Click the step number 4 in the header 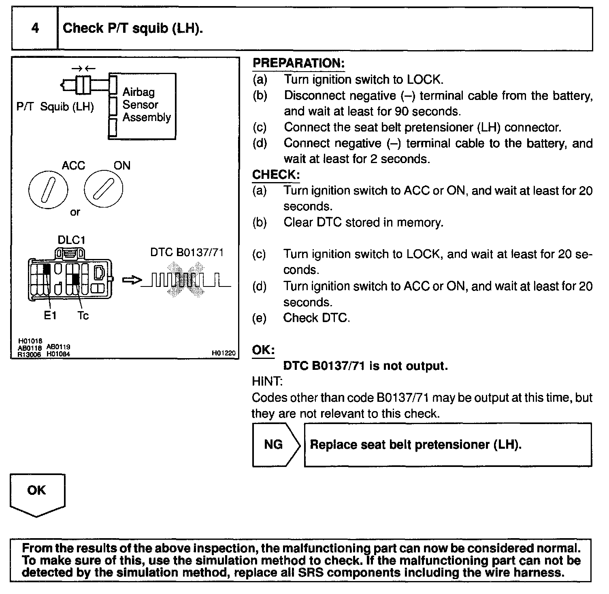35,28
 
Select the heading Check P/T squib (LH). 133,28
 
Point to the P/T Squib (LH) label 55,107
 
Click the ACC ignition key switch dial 49,190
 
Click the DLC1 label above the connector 71,240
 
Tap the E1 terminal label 50,316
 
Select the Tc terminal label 83,316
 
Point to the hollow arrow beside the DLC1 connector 132,280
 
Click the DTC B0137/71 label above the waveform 187,252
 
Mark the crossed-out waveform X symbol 187,280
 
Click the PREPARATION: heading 298,63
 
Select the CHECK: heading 276,175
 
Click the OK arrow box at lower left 37,493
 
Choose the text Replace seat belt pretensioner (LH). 415,445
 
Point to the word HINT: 267,381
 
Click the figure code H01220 224,353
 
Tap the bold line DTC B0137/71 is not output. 365,366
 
